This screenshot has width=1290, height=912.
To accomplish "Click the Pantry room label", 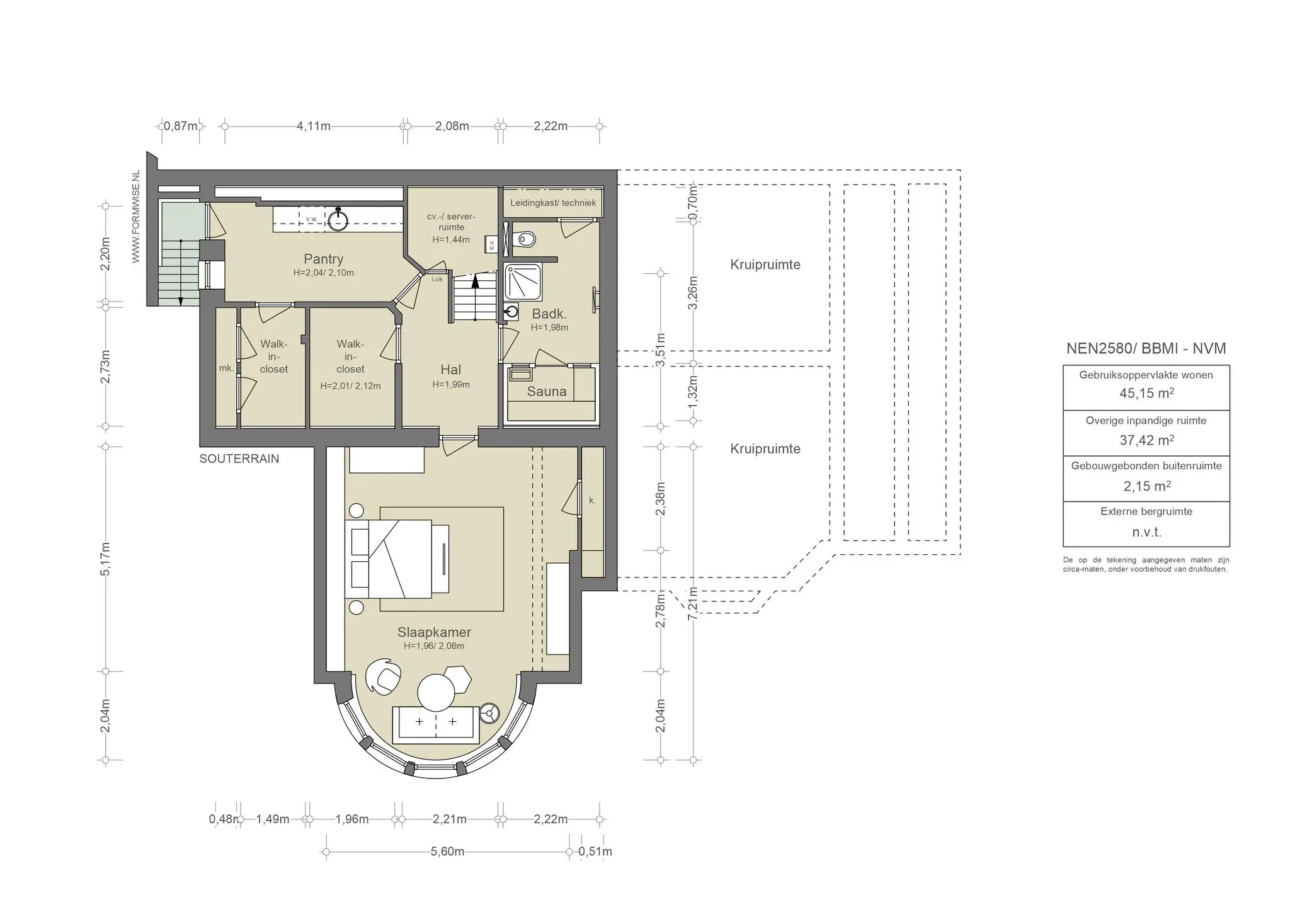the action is tap(324, 259).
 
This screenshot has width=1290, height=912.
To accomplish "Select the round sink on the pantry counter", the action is tap(338, 219).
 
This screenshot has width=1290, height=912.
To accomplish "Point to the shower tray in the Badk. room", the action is tap(523, 282).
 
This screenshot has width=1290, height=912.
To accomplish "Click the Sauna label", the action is tap(547, 392).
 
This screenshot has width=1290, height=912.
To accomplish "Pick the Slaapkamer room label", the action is tap(434, 632).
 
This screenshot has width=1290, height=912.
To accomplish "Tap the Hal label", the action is tap(451, 370).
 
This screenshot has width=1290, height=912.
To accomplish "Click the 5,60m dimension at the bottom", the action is tap(447, 852).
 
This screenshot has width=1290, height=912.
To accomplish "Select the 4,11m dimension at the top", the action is tap(314, 126).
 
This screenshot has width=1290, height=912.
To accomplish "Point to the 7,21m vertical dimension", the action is tap(693, 603).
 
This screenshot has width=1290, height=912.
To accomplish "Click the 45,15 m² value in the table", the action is tap(1146, 394).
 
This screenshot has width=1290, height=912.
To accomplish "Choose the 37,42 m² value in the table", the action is tap(1146, 440).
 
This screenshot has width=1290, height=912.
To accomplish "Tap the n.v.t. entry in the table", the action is tap(1146, 532).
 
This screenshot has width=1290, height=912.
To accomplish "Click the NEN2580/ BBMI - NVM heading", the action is tap(1146, 349).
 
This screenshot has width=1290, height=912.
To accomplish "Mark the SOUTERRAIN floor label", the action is tap(239, 459).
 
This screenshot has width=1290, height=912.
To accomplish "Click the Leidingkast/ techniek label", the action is tap(553, 203).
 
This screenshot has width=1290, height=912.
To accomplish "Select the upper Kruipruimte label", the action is tap(765, 265).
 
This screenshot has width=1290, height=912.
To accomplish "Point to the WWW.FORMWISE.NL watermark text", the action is tap(135, 217).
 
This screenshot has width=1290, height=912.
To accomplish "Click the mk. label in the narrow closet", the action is tap(226, 368).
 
